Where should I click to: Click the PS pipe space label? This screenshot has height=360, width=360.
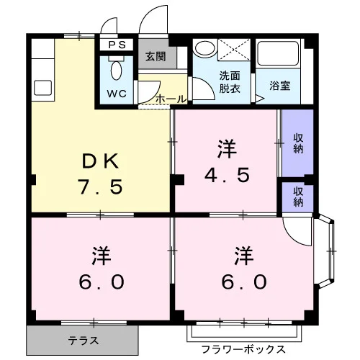(x=117, y=45)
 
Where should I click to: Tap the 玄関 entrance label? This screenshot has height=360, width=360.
(x=156, y=57)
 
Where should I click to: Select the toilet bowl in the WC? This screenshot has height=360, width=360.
(x=117, y=71)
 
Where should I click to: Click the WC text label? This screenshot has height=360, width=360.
(x=117, y=94)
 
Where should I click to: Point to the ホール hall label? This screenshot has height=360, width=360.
(x=171, y=99)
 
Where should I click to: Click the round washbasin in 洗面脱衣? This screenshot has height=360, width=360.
(x=204, y=48)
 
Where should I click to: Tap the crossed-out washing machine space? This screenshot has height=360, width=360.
(x=234, y=50)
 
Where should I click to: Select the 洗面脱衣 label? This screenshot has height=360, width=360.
(x=230, y=82)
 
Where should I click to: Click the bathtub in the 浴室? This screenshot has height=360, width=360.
(x=278, y=53)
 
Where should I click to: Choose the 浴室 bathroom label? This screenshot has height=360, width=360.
(x=280, y=86)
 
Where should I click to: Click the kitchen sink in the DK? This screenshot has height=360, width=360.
(x=43, y=88)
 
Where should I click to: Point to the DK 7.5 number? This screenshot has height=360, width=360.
(x=101, y=186)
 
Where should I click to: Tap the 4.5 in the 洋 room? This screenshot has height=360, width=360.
(x=227, y=175)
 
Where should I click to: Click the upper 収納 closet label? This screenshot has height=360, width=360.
(x=298, y=143)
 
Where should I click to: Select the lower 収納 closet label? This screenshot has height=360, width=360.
(x=298, y=197)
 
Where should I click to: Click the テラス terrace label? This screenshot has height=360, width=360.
(x=84, y=341)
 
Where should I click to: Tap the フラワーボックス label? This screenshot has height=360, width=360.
(x=243, y=349)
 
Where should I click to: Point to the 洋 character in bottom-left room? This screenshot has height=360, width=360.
(x=101, y=256)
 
